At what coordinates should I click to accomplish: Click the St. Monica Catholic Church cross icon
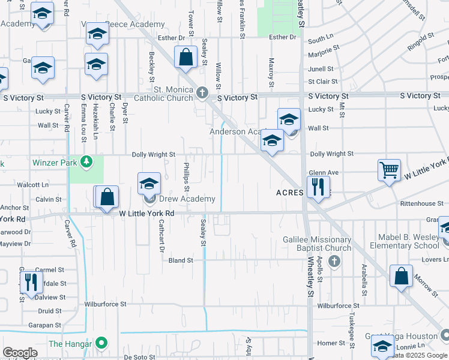202,92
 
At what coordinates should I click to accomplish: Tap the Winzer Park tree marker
87,161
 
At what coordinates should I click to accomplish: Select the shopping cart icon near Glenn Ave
389,170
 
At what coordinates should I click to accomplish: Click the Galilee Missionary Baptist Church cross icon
334,261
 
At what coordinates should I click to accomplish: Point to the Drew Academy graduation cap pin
149,184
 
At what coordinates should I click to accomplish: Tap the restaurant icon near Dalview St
30,283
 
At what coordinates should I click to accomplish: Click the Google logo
20,353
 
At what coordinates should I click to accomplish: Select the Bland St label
181,260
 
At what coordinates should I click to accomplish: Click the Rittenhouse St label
422,203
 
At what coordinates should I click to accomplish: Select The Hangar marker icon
101,343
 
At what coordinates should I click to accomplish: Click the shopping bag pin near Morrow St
401,277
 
